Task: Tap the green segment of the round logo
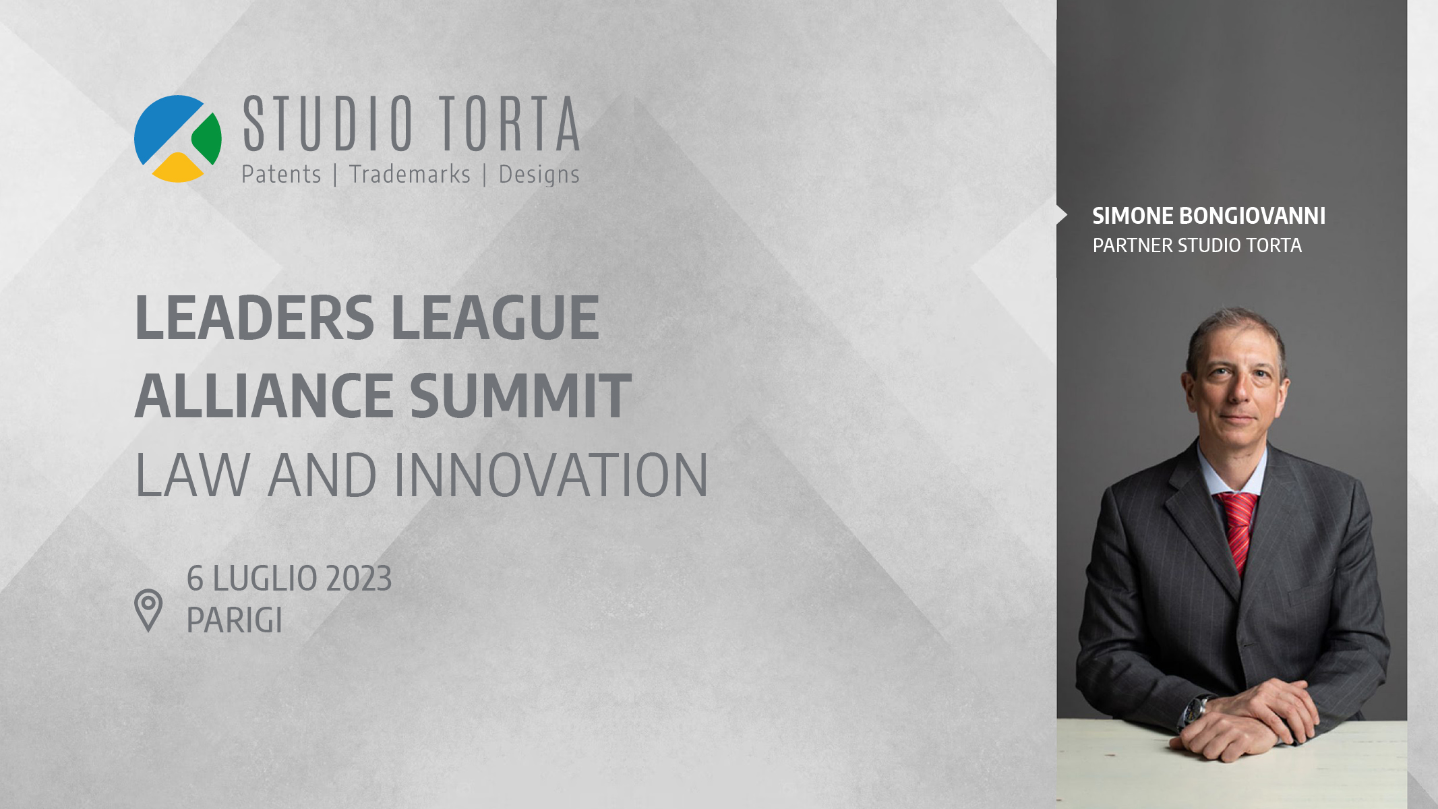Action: click(x=208, y=138)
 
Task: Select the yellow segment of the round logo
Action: click(x=178, y=169)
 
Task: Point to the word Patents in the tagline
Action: click(x=281, y=175)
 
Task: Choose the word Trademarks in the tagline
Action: click(x=410, y=175)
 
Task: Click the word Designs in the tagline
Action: click(x=539, y=175)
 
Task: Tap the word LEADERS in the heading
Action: click(x=255, y=318)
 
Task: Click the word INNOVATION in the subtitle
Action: click(x=551, y=475)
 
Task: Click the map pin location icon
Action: click(x=148, y=611)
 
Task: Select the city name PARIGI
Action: click(x=234, y=620)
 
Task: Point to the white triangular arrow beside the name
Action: click(x=1062, y=215)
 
